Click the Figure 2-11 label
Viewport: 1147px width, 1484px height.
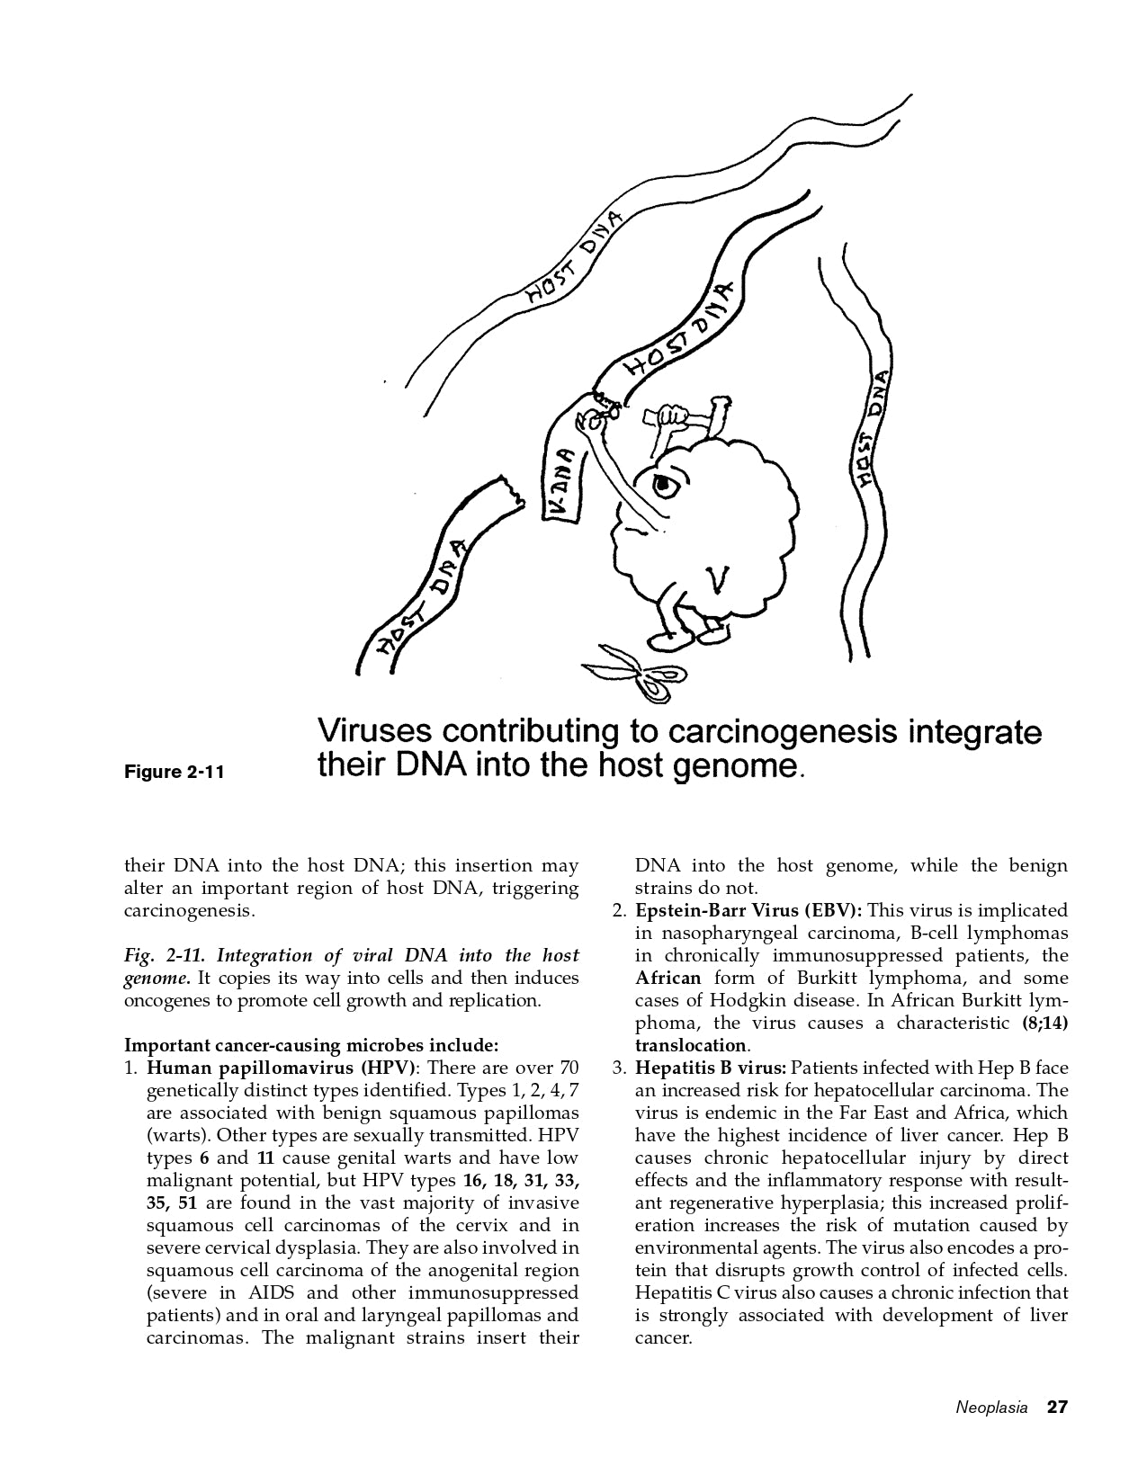point(174,772)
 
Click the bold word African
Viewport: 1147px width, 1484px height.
point(668,978)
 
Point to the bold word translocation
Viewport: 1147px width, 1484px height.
point(691,1045)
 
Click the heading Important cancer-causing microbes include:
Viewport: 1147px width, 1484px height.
point(310,1045)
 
